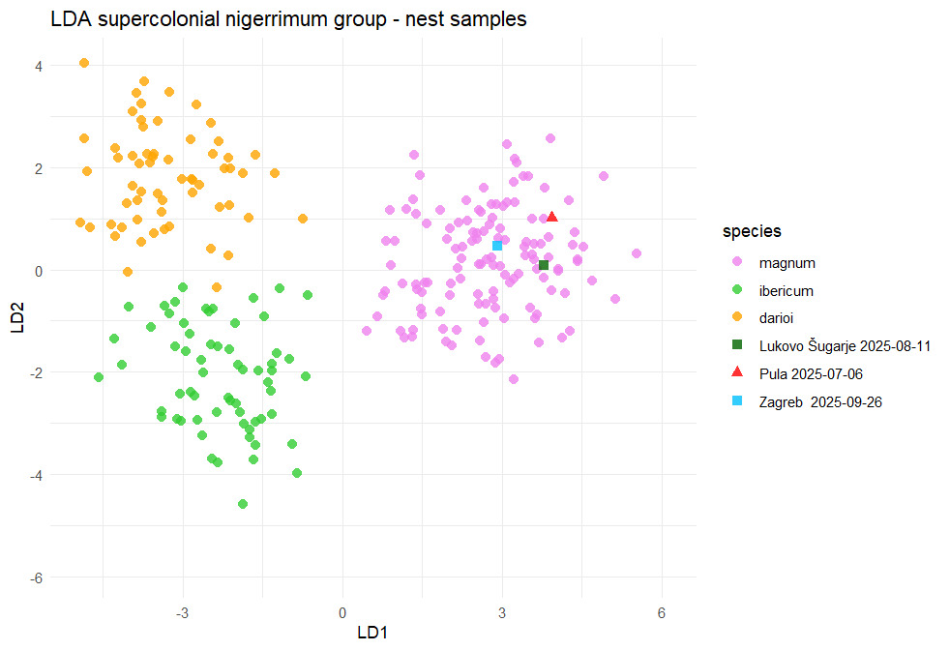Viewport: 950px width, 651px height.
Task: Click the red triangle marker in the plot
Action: point(551,217)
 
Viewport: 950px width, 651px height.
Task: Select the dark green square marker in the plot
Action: point(544,265)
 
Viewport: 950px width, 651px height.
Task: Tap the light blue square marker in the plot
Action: point(497,246)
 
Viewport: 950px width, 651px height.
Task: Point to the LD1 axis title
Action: point(372,633)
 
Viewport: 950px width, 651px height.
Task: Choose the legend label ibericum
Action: point(787,290)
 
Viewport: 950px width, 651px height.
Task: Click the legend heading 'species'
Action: point(752,232)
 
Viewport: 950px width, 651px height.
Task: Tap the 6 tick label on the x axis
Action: point(662,612)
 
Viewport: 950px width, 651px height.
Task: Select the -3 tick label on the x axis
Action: point(182,612)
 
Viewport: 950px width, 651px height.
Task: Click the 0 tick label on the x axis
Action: point(342,612)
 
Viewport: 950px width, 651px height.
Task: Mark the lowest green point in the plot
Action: point(243,504)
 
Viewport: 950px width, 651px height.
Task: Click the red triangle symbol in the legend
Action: point(737,372)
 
